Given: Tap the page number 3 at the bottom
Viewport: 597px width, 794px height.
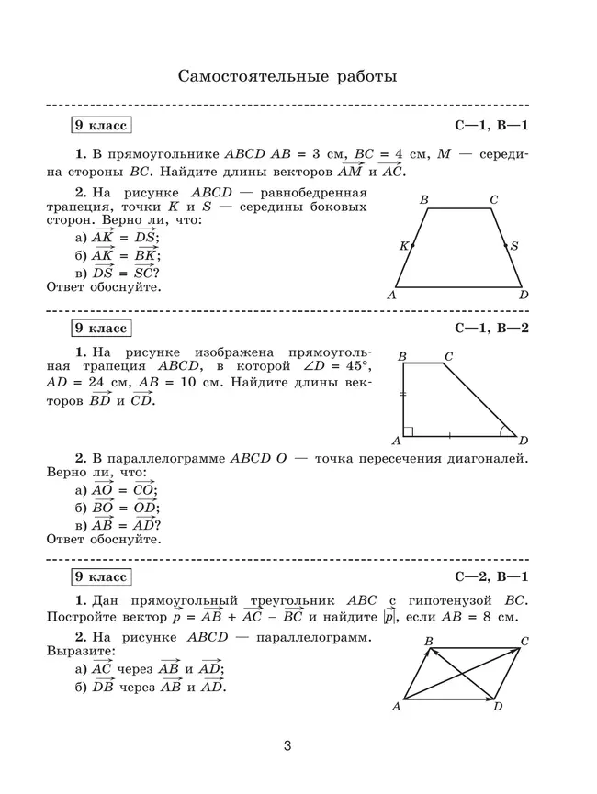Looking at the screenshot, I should (x=287, y=746).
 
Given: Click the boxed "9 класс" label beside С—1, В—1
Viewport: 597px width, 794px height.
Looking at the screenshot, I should (x=101, y=125).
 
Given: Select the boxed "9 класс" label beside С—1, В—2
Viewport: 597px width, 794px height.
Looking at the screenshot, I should (x=101, y=328).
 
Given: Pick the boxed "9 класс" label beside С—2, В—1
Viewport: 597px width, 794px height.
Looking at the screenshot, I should (x=101, y=576).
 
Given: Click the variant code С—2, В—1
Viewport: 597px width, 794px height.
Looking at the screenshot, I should (x=492, y=576).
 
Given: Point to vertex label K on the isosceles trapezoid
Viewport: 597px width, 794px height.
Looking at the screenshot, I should (x=402, y=246).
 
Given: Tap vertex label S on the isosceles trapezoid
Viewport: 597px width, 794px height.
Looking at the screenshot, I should (x=514, y=246).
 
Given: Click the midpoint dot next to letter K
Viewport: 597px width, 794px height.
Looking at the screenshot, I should (x=412, y=246).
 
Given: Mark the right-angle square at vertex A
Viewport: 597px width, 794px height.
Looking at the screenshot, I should (x=408, y=431).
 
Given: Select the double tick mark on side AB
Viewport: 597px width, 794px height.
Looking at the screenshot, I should (x=402, y=393).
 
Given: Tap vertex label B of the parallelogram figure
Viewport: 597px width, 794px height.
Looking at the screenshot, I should (x=429, y=641).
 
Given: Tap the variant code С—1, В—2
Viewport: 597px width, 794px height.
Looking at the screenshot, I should (x=492, y=328).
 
